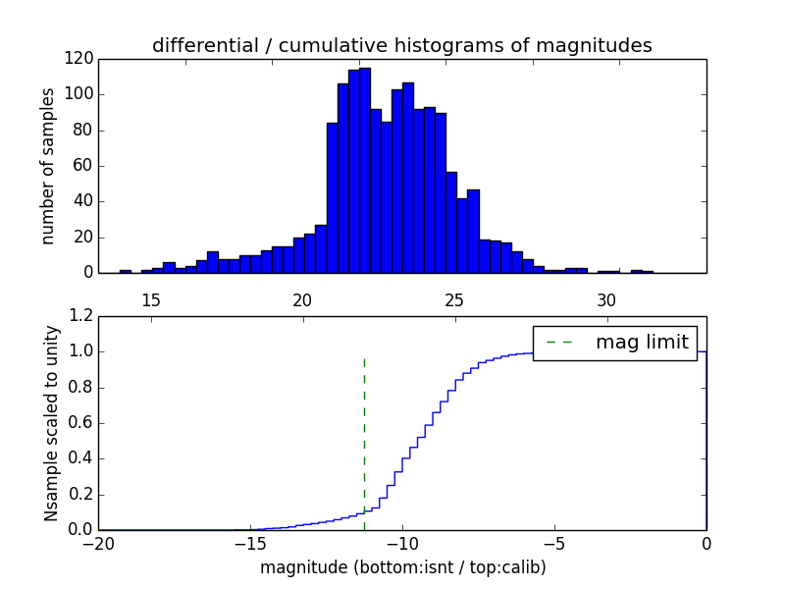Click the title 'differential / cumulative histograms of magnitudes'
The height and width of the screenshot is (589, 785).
point(401,45)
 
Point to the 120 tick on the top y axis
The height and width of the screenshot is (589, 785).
point(79,59)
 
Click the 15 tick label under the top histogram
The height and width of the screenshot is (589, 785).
point(151,299)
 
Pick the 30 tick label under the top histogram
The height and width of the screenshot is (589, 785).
point(606,299)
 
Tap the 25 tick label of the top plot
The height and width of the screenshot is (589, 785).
point(454,299)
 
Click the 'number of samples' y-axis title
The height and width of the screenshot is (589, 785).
point(48,165)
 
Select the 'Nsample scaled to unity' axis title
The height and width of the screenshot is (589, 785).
point(52,423)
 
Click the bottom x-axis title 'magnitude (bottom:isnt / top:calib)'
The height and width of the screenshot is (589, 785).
point(402,567)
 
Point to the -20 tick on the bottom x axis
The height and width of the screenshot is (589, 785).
point(99,544)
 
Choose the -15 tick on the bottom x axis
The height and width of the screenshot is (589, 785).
point(250,544)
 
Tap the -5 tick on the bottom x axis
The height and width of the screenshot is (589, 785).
point(554,544)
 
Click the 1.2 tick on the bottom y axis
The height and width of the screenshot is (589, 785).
point(83,316)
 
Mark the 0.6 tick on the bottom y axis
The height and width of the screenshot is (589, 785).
point(83,423)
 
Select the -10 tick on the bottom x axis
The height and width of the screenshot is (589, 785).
point(402,544)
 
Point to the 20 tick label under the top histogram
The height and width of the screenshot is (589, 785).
point(302,299)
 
